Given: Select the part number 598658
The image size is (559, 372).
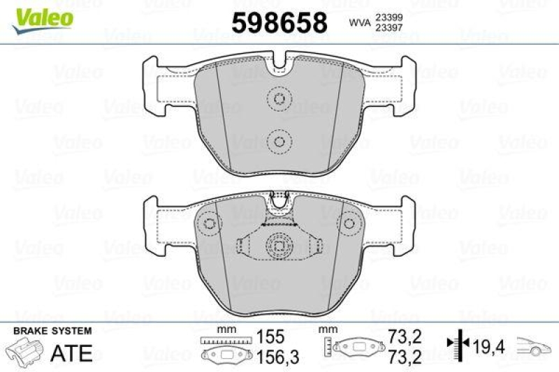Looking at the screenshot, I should (279, 23).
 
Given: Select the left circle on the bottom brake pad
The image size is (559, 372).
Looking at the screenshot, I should (210, 223).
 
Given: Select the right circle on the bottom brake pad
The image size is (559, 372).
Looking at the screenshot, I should (347, 223).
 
